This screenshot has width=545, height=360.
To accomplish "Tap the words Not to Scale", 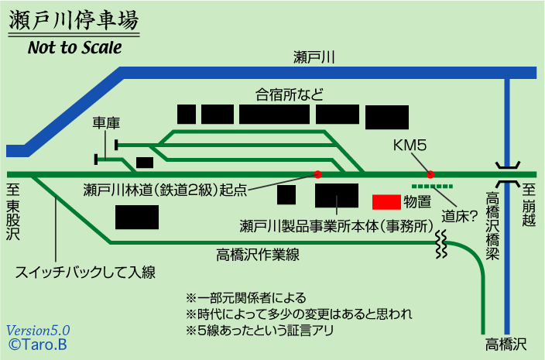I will (x=75, y=47).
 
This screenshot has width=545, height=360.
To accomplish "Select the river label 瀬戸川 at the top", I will (x=314, y=57).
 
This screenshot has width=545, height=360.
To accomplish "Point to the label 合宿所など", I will (x=290, y=94).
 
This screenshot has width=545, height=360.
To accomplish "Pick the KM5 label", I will (x=410, y=145).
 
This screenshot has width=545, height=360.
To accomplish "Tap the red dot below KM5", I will (x=430, y=174).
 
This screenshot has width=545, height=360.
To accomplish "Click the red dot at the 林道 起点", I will (x=317, y=174).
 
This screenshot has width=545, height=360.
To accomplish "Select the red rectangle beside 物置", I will (x=386, y=202).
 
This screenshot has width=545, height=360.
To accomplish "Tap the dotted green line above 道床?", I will (x=433, y=187).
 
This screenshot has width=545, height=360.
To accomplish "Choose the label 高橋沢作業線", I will (x=258, y=255).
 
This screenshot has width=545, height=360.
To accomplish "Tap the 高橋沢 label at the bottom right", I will (x=507, y=343).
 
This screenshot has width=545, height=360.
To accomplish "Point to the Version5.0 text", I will (x=39, y=328).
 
